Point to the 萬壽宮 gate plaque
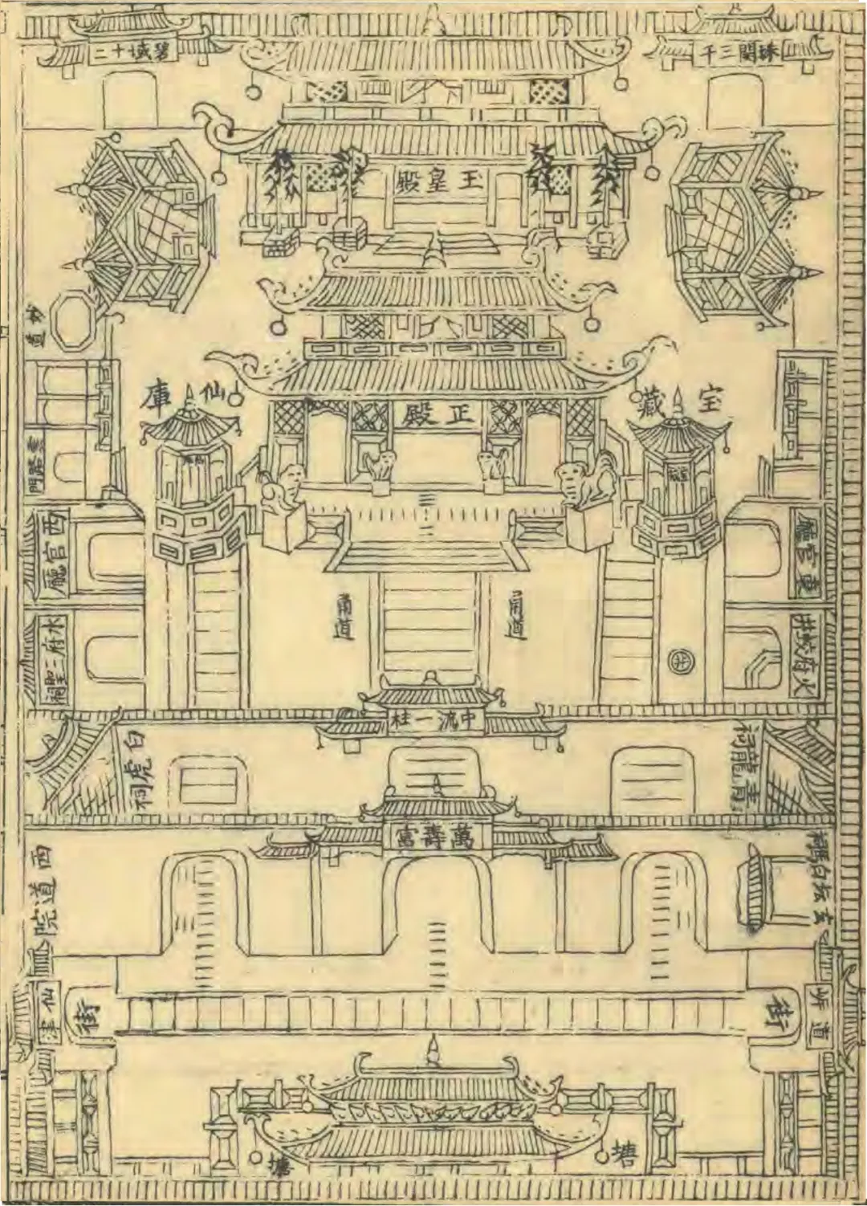(434, 837)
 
